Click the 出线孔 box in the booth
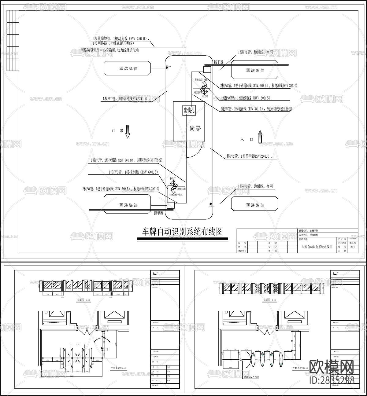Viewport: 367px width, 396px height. (x=189, y=110)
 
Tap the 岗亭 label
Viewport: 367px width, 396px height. (x=195, y=128)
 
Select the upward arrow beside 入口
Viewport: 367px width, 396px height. (x=260, y=137)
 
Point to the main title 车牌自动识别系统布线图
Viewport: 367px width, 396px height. (x=183, y=232)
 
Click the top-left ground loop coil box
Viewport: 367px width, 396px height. (x=128, y=68)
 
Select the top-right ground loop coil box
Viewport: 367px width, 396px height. (x=254, y=70)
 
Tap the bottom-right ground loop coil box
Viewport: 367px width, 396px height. (x=254, y=204)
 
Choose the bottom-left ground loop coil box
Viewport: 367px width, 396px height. (x=128, y=204)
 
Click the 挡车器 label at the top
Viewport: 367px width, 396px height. (x=219, y=62)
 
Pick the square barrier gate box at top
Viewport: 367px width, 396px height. (x=207, y=69)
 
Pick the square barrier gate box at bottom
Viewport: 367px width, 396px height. (x=170, y=205)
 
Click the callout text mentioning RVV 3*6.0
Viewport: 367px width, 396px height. (x=121, y=39)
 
